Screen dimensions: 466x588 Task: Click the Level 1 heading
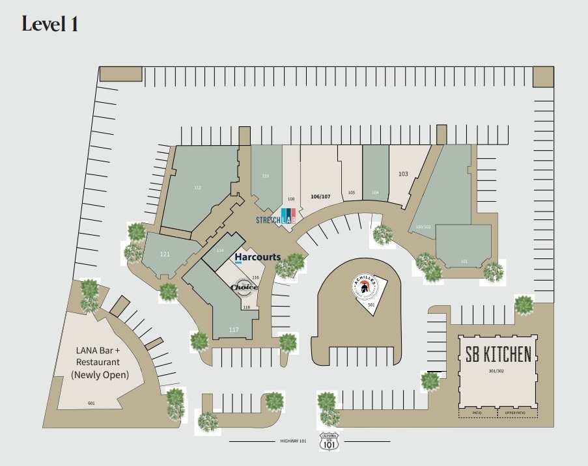[x=50, y=24]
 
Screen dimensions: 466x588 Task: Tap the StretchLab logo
[x=276, y=219]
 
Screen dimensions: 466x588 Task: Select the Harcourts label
[x=257, y=257]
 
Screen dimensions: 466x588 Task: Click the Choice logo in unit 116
[x=244, y=287]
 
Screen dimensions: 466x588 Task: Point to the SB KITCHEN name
[x=498, y=355]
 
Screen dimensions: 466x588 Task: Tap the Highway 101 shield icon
[x=329, y=442]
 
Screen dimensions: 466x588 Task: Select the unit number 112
[x=197, y=187]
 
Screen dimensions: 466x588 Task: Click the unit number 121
[x=165, y=254]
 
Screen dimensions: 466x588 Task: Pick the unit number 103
[x=403, y=174]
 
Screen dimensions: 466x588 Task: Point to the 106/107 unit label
[x=320, y=197]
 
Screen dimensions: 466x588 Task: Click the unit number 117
[x=234, y=330]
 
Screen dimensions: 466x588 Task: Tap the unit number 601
[x=91, y=404]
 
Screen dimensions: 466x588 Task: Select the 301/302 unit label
[x=496, y=371]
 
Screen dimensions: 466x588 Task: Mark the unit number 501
[x=371, y=305]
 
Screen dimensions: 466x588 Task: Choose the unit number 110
[x=266, y=176]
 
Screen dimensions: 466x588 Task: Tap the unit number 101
[x=464, y=262]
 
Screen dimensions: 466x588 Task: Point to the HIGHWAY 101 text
[x=293, y=441]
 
